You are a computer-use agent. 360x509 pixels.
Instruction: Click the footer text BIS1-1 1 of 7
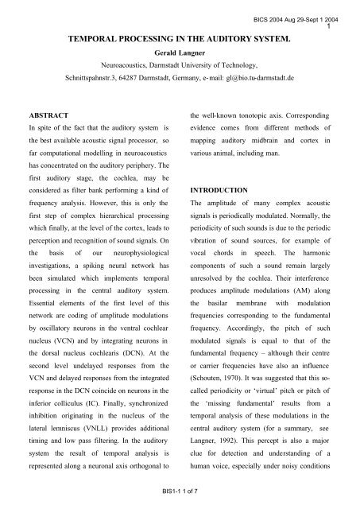[x=179, y=500]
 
